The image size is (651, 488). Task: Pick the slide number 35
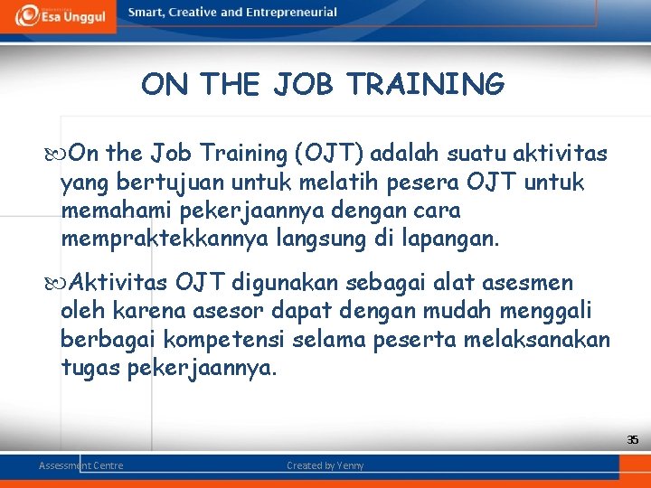tap(633, 440)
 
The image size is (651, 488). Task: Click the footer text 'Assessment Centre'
tap(80, 465)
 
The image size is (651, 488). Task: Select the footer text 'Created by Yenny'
tap(325, 465)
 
